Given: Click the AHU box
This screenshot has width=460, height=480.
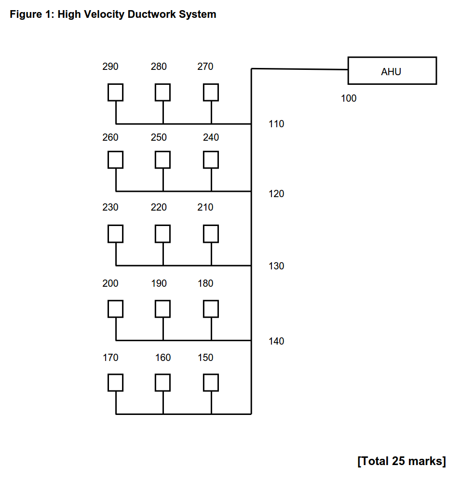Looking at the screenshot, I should pyautogui.click(x=392, y=71).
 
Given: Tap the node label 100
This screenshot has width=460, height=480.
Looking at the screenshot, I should pyautogui.click(x=349, y=99).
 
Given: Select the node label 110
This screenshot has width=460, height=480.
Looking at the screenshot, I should pyautogui.click(x=276, y=124).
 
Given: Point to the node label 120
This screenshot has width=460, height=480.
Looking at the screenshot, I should pyautogui.click(x=276, y=194).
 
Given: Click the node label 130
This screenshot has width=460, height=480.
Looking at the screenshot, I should pyautogui.click(x=276, y=266).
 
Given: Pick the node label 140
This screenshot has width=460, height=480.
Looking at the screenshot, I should pyautogui.click(x=276, y=341).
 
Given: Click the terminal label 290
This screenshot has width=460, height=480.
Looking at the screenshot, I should pyautogui.click(x=110, y=67).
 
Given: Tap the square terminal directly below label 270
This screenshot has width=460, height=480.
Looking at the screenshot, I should pyautogui.click(x=211, y=92).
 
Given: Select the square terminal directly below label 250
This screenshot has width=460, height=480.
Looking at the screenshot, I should pyautogui.click(x=162, y=160).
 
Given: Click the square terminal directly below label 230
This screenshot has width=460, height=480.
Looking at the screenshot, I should pyautogui.click(x=115, y=234).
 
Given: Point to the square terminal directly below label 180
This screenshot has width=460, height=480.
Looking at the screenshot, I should pyautogui.click(x=211, y=308).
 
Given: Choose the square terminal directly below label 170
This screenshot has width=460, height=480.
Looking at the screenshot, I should pyautogui.click(x=115, y=383).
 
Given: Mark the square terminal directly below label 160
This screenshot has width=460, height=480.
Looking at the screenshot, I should pyautogui.click(x=162, y=383).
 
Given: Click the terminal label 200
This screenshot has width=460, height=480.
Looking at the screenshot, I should pyautogui.click(x=110, y=283).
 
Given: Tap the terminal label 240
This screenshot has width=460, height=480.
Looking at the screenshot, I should pyautogui.click(x=211, y=137).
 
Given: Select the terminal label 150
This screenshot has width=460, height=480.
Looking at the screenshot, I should pyautogui.click(x=205, y=358).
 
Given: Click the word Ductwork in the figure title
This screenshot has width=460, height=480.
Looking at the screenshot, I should pyautogui.click(x=152, y=14).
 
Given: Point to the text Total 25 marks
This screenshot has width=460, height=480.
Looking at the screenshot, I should pyautogui.click(x=402, y=461).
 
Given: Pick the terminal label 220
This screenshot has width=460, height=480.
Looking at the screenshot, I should pyautogui.click(x=159, y=207).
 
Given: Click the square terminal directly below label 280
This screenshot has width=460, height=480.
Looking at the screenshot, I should pyautogui.click(x=162, y=92).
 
